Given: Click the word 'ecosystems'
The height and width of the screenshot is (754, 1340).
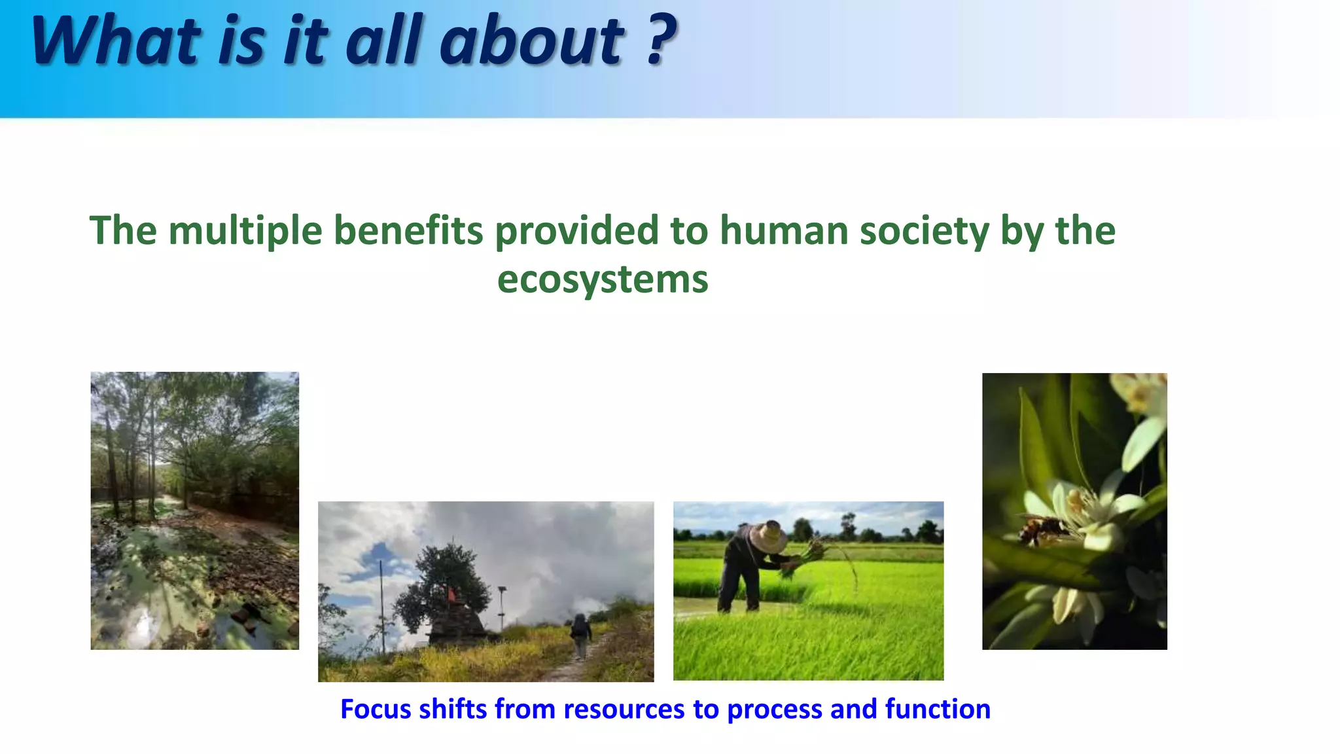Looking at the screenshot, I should pyautogui.click(x=602, y=280).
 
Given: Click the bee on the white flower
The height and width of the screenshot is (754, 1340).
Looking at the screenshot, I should pyautogui.click(x=1042, y=528).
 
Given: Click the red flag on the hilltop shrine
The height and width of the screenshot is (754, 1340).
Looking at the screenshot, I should pyautogui.click(x=451, y=594).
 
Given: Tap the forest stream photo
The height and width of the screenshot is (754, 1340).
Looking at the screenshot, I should pyautogui.click(x=194, y=511).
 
